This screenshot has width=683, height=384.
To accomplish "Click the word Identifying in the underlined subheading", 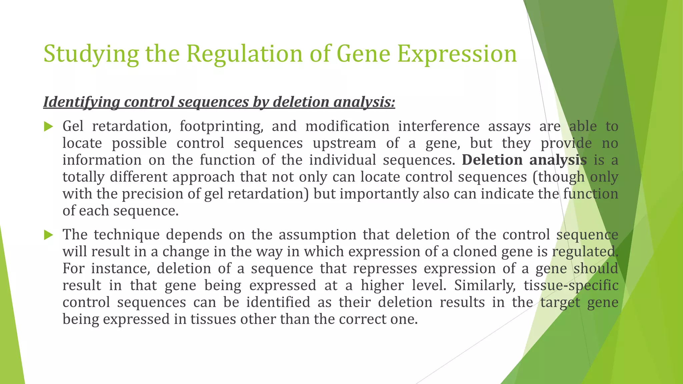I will pos(81,102).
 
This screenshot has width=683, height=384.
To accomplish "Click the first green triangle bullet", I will pos(48,127).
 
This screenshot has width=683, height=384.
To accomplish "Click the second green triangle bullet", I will pos(48,235).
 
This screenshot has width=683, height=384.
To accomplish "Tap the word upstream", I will pos(344,143).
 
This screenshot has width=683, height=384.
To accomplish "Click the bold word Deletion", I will pos(492,160).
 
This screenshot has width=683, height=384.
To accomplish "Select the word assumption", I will pos(317,235).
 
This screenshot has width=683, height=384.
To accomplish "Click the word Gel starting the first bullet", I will pos(73,126).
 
